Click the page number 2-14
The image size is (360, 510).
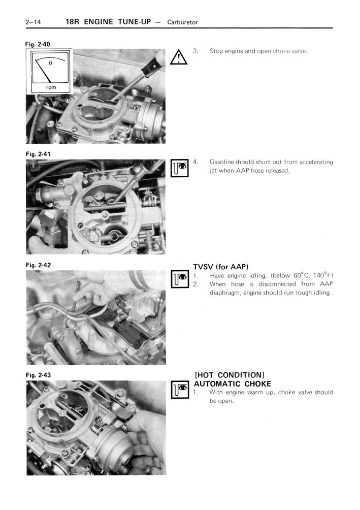[x=32, y=22]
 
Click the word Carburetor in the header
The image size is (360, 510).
[x=181, y=22]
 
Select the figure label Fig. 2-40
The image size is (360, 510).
[x=38, y=44]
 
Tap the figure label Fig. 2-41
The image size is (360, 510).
[x=38, y=153]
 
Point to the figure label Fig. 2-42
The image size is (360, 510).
[x=38, y=265]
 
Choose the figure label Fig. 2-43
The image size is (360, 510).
[x=38, y=375]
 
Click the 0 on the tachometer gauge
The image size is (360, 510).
[x=50, y=64]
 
